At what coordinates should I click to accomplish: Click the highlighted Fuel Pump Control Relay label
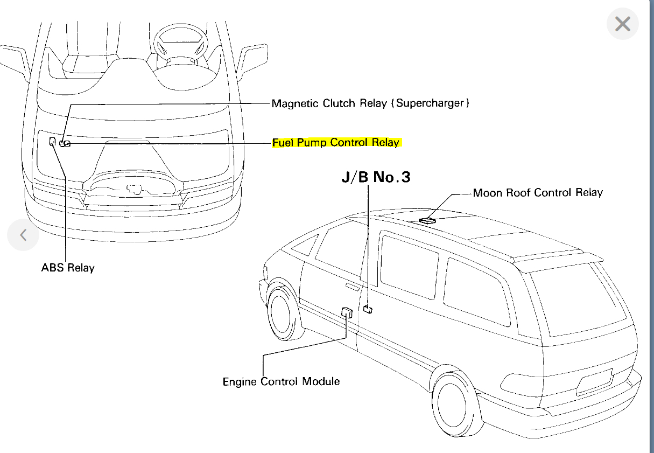point(336,143)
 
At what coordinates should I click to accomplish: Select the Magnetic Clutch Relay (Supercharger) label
point(370,103)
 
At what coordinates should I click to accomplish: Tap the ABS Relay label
point(68,267)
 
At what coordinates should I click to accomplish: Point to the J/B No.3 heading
point(376,177)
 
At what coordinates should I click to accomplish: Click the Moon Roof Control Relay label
point(538,192)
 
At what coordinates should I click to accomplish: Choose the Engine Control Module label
point(281,381)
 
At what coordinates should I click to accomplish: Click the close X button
point(622,24)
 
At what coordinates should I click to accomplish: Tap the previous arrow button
point(23,235)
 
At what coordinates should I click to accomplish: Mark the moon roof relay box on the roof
point(428,220)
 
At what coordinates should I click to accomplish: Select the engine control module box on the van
point(347,311)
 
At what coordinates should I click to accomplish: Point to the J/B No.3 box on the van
point(368,309)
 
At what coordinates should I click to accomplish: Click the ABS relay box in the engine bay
point(52,141)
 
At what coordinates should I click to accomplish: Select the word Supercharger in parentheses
point(430,103)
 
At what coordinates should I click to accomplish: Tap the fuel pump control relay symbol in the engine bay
point(65,143)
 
